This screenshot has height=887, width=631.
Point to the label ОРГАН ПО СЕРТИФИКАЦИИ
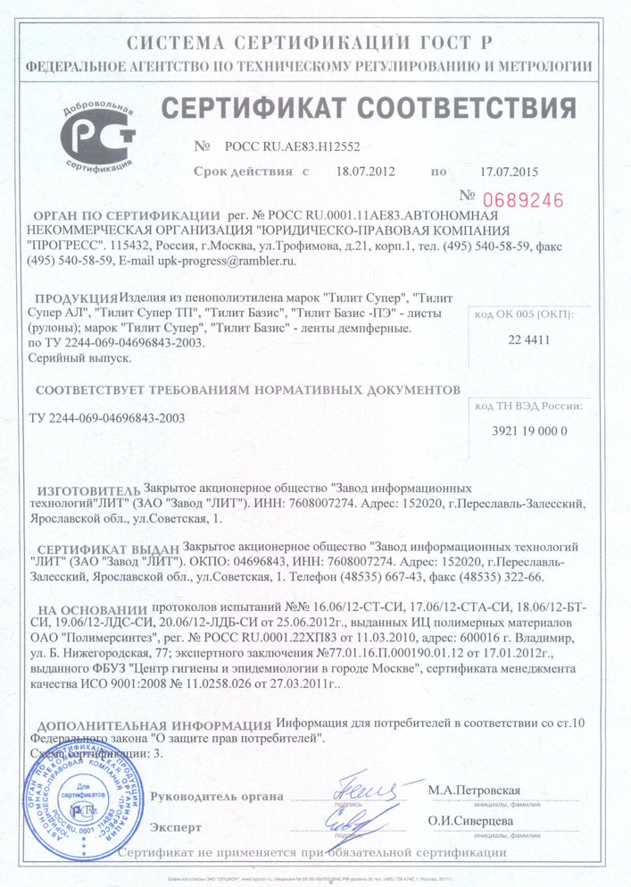(125, 217)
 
